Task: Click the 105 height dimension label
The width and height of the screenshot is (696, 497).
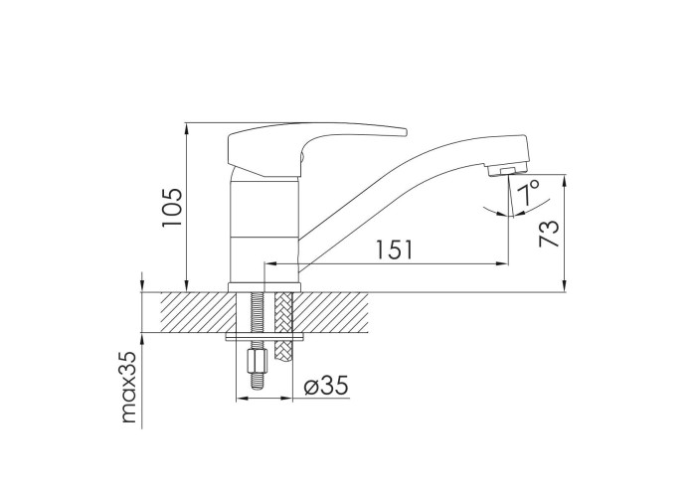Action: [x=172, y=207]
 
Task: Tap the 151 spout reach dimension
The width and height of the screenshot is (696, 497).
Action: [x=394, y=249]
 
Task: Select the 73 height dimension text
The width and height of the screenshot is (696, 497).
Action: [x=549, y=234]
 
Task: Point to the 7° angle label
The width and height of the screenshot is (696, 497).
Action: [x=529, y=192]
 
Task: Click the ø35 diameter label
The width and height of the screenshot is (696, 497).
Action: [x=326, y=386]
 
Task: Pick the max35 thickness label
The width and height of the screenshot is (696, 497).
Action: [x=128, y=388]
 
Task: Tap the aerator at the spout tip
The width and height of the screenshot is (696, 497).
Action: [x=506, y=170]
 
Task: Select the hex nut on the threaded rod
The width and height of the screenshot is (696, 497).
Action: [x=258, y=361]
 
